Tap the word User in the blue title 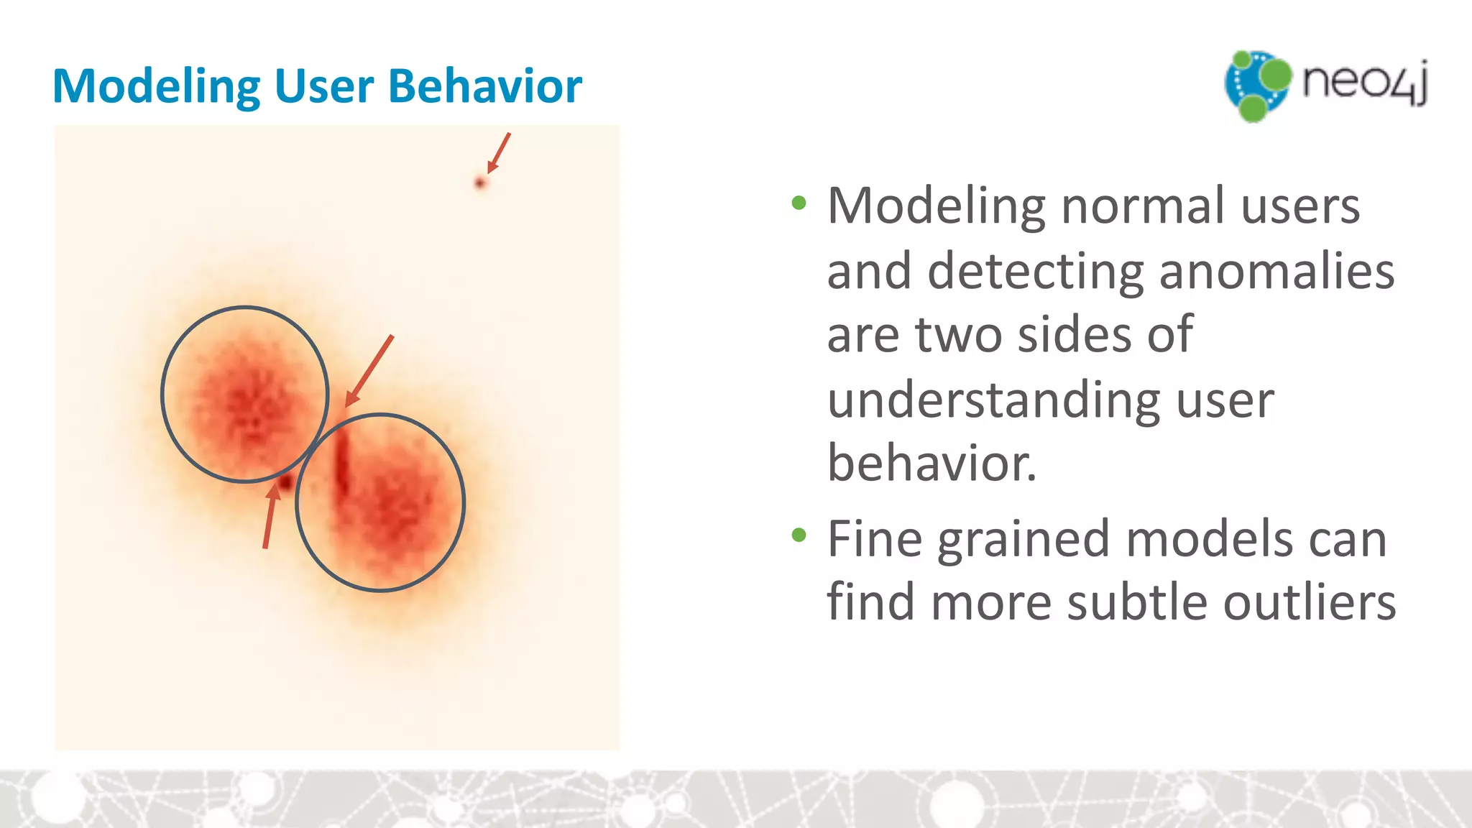323,86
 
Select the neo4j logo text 1364,82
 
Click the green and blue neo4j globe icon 1257,85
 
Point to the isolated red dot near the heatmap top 480,183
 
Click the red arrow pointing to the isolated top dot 500,152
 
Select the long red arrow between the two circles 369,370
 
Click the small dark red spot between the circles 285,482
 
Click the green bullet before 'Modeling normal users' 799,203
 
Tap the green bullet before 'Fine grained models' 799,535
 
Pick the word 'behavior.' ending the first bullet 931,463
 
